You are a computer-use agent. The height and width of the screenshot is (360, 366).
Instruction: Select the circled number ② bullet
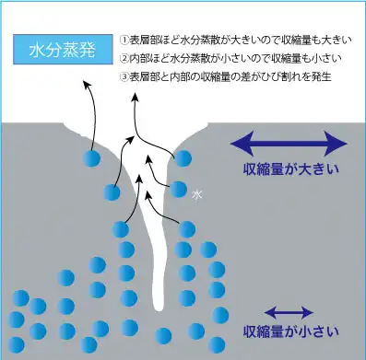(125, 58)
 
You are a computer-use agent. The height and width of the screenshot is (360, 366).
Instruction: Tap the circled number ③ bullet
(125, 75)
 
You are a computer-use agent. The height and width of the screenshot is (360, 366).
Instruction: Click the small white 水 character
(196, 195)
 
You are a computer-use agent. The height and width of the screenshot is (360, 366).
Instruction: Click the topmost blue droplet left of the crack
(90, 158)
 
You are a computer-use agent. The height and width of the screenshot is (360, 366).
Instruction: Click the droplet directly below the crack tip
(163, 334)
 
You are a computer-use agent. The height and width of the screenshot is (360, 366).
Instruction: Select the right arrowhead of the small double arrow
(305, 309)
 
